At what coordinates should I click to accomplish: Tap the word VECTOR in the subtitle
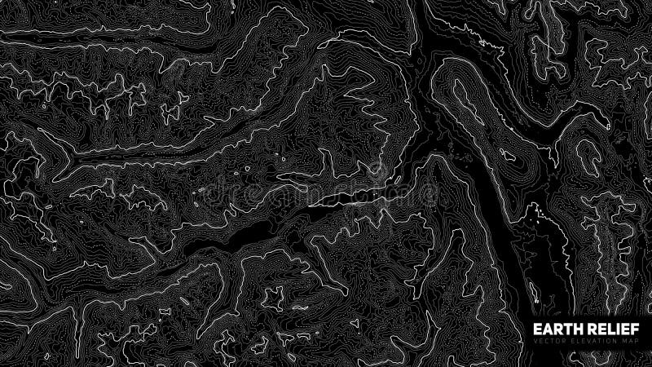click(x=549, y=341)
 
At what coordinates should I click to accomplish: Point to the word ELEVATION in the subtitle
click(x=593, y=341)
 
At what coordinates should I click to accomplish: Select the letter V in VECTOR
click(x=535, y=341)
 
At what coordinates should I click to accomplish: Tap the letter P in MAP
click(x=637, y=341)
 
